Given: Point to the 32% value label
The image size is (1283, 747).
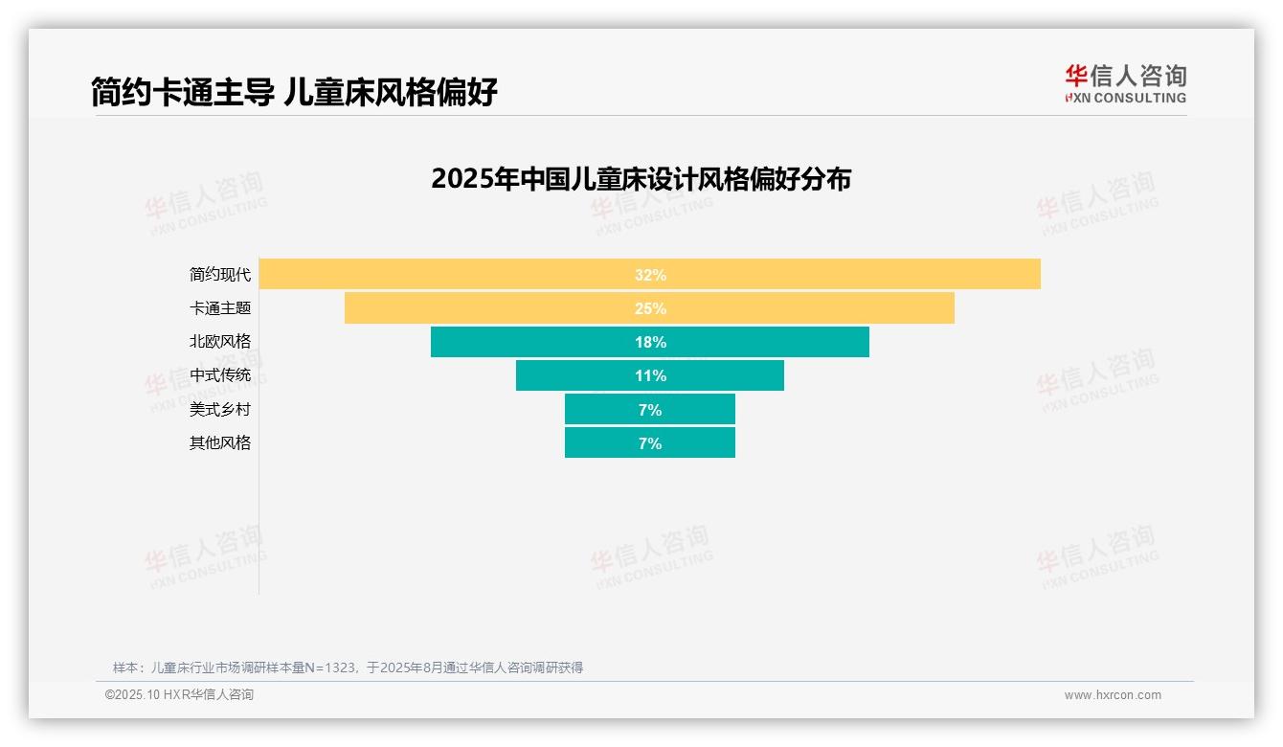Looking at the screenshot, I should pos(650,275).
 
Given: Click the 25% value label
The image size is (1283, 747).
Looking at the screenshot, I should pos(650,308).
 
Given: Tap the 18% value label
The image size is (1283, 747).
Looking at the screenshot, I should pos(650,342).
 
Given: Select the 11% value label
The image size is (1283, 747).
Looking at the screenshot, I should pos(650,375).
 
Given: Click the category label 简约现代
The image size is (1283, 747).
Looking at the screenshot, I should pos(220,275).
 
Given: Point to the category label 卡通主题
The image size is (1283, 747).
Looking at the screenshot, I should pos(220,308).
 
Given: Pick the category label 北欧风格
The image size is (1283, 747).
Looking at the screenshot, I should pos(220,342).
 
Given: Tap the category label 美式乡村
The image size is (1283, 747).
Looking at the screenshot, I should pos(220,410).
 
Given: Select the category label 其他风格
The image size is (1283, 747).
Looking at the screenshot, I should pos(220,443).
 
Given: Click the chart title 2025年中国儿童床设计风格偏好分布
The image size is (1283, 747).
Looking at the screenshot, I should pos(641,179).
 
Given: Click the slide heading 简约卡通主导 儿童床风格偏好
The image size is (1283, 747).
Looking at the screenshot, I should pos(294,92).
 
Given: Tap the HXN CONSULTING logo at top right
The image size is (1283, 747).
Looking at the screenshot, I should pos(1126,83).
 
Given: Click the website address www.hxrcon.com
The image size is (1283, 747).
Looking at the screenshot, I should pos(1113,695).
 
